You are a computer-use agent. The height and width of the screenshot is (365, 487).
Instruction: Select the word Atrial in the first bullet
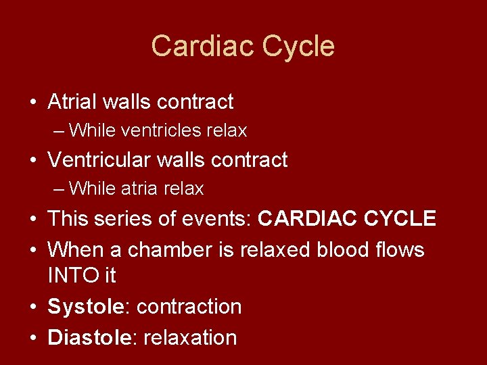[72, 102]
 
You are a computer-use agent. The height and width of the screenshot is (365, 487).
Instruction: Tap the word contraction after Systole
[189, 306]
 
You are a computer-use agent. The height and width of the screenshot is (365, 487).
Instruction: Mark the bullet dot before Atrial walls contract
[32, 103]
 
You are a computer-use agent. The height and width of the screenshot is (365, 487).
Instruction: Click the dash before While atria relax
[60, 189]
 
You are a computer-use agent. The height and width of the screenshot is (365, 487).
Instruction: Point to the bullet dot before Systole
[32, 307]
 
